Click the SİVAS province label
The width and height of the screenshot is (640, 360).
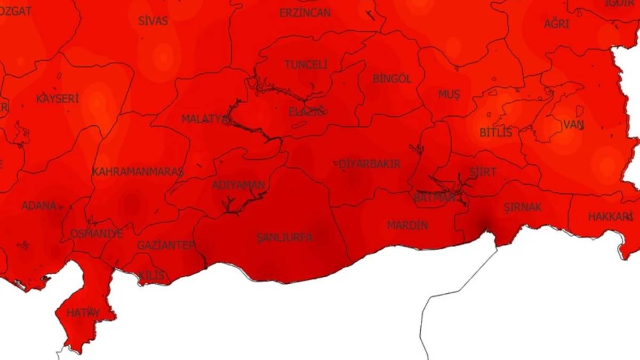click(153, 21)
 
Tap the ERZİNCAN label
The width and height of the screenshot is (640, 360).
click(305, 13)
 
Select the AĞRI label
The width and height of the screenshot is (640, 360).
click(556, 24)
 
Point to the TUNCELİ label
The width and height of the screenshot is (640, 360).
click(306, 65)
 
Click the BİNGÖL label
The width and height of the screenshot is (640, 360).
click(392, 79)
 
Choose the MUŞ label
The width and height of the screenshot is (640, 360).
click(449, 94)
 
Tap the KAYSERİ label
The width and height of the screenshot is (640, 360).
click(58, 99)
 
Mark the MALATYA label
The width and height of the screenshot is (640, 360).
click(204, 119)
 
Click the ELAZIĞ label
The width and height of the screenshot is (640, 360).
click(307, 112)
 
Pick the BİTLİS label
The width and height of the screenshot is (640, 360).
click(495, 132)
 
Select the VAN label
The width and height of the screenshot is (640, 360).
click(573, 125)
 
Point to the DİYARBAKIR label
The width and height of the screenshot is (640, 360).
click(370, 164)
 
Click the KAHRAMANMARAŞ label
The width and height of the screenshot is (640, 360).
click(138, 172)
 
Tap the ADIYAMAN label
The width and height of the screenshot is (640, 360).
click(238, 185)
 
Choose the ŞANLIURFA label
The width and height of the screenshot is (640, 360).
click(284, 237)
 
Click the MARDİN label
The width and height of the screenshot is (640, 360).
click(407, 225)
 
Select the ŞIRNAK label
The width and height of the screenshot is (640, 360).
click(523, 207)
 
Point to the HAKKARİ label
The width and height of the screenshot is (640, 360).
click(610, 217)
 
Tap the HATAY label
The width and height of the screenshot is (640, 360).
click(83, 313)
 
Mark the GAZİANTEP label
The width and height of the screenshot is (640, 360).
click(166, 245)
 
